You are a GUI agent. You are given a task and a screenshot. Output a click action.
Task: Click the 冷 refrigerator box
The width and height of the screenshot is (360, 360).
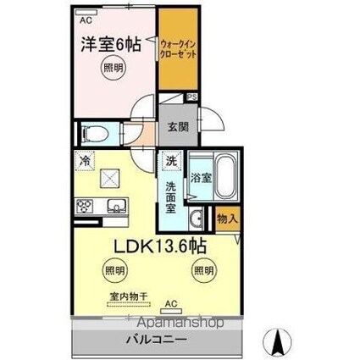click(x=86, y=159)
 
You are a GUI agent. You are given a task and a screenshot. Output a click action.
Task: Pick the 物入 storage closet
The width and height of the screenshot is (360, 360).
click(x=226, y=219)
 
